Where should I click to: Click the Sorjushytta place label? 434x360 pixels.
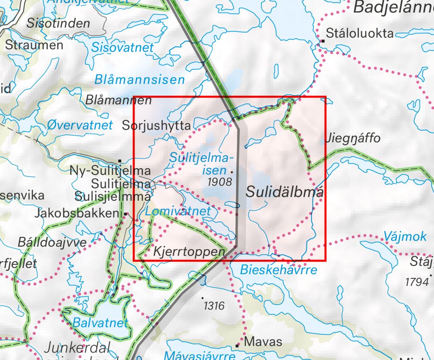tap(156, 125)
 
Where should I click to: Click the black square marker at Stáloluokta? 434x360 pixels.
tap(323, 41)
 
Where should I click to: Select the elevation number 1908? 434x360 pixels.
tap(219, 182)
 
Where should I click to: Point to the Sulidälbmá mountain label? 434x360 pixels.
tap(285, 192)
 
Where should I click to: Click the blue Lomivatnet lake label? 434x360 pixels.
tap(178, 211)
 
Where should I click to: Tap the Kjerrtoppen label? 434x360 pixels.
tap(189, 252)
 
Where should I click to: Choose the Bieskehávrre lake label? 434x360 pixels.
tap(278, 270)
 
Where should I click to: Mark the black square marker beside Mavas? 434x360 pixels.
tap(238, 346)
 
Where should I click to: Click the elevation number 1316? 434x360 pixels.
tap(214, 306)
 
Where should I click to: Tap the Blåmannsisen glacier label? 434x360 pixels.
tap(139, 79)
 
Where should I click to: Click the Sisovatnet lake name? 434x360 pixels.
tap(122, 48)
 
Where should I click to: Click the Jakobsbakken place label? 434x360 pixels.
tap(78, 213)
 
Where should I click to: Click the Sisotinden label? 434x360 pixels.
tap(58, 23)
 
